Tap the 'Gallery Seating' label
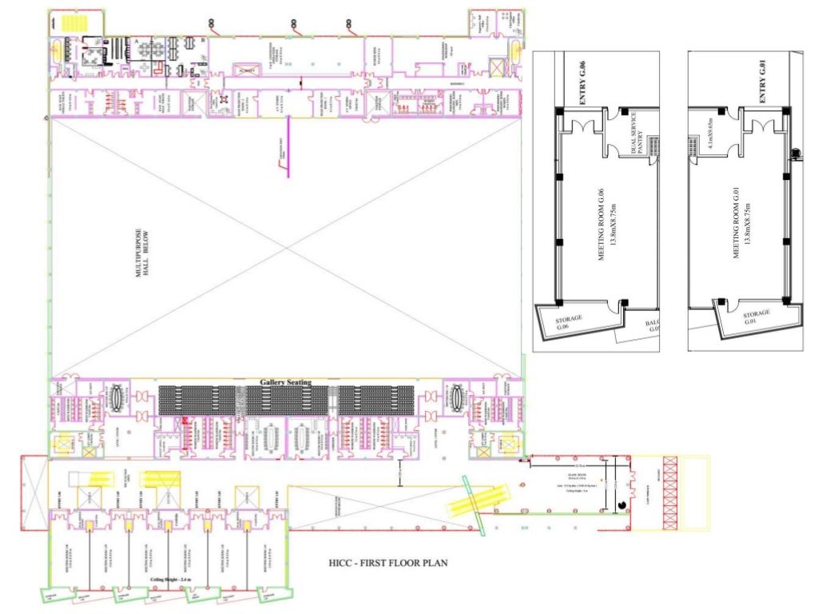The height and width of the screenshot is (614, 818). point(285,382)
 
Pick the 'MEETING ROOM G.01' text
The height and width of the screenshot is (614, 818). point(740,221)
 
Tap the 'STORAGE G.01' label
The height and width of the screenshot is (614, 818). point(756,317)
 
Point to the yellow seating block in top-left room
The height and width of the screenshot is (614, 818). point(76,22)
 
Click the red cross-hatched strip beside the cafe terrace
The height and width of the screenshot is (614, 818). point(669,492)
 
